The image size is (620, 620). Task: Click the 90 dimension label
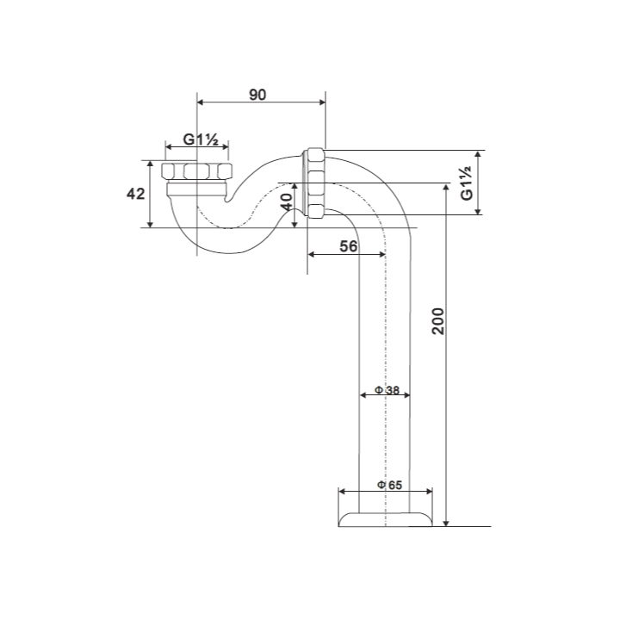tap(257, 95)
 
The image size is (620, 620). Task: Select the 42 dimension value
tap(136, 194)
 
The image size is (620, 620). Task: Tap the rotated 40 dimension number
tap(287, 201)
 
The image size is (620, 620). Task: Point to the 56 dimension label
tap(349, 246)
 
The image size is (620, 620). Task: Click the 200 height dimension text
tap(438, 321)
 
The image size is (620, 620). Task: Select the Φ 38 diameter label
tap(387, 390)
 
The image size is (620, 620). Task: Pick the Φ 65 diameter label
tap(389, 485)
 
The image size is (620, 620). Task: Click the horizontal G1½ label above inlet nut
tap(201, 139)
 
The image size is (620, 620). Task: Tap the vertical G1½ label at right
tap(467, 183)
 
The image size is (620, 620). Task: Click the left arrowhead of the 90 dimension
tap(200, 102)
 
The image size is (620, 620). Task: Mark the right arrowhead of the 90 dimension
tap(323, 102)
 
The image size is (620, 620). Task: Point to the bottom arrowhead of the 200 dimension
tap(446, 524)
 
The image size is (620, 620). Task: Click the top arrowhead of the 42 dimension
tap(150, 164)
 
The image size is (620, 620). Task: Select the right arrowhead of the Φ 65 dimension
tap(429, 492)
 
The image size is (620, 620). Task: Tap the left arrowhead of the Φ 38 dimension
tap(363, 394)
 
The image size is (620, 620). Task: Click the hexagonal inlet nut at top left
tap(197, 170)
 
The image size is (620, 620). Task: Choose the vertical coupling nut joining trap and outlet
tap(314, 183)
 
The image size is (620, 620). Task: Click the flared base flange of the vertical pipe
tap(385, 519)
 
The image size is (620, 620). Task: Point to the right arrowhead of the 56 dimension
tap(382, 254)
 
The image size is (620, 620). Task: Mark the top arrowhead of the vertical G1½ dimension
tap(478, 154)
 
